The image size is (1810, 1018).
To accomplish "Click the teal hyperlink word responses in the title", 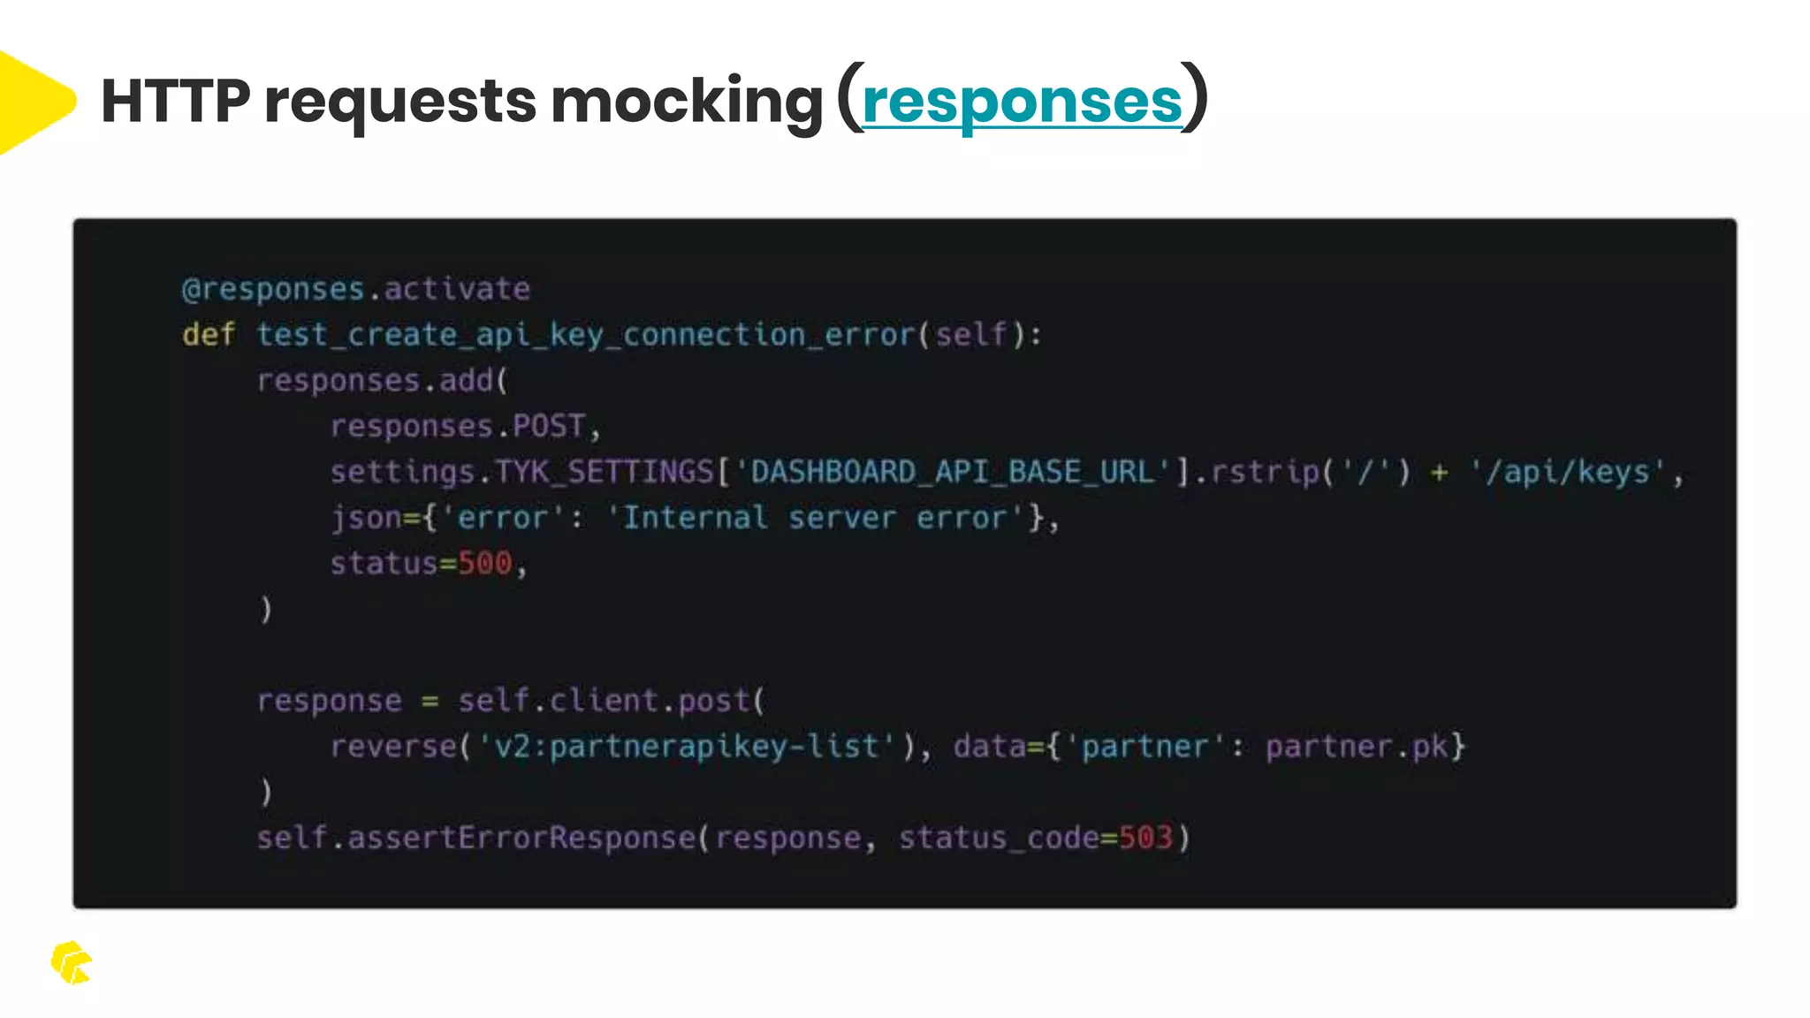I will click(x=1022, y=102).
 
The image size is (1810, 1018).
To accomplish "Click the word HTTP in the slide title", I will click(x=175, y=102).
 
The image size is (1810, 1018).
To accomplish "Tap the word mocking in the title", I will click(x=687, y=102).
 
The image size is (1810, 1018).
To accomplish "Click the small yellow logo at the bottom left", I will click(x=71, y=962).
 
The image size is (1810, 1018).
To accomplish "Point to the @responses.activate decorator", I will click(x=355, y=289).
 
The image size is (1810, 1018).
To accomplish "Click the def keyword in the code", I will click(x=209, y=335).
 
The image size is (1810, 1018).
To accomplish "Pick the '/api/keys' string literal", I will click(x=1568, y=472).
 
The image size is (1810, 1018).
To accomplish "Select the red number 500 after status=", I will click(x=484, y=564).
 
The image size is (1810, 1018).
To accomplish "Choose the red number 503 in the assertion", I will click(x=1145, y=838).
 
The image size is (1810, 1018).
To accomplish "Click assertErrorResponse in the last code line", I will click(x=521, y=838).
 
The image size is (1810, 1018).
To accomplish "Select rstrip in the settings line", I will click(x=1265, y=472).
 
